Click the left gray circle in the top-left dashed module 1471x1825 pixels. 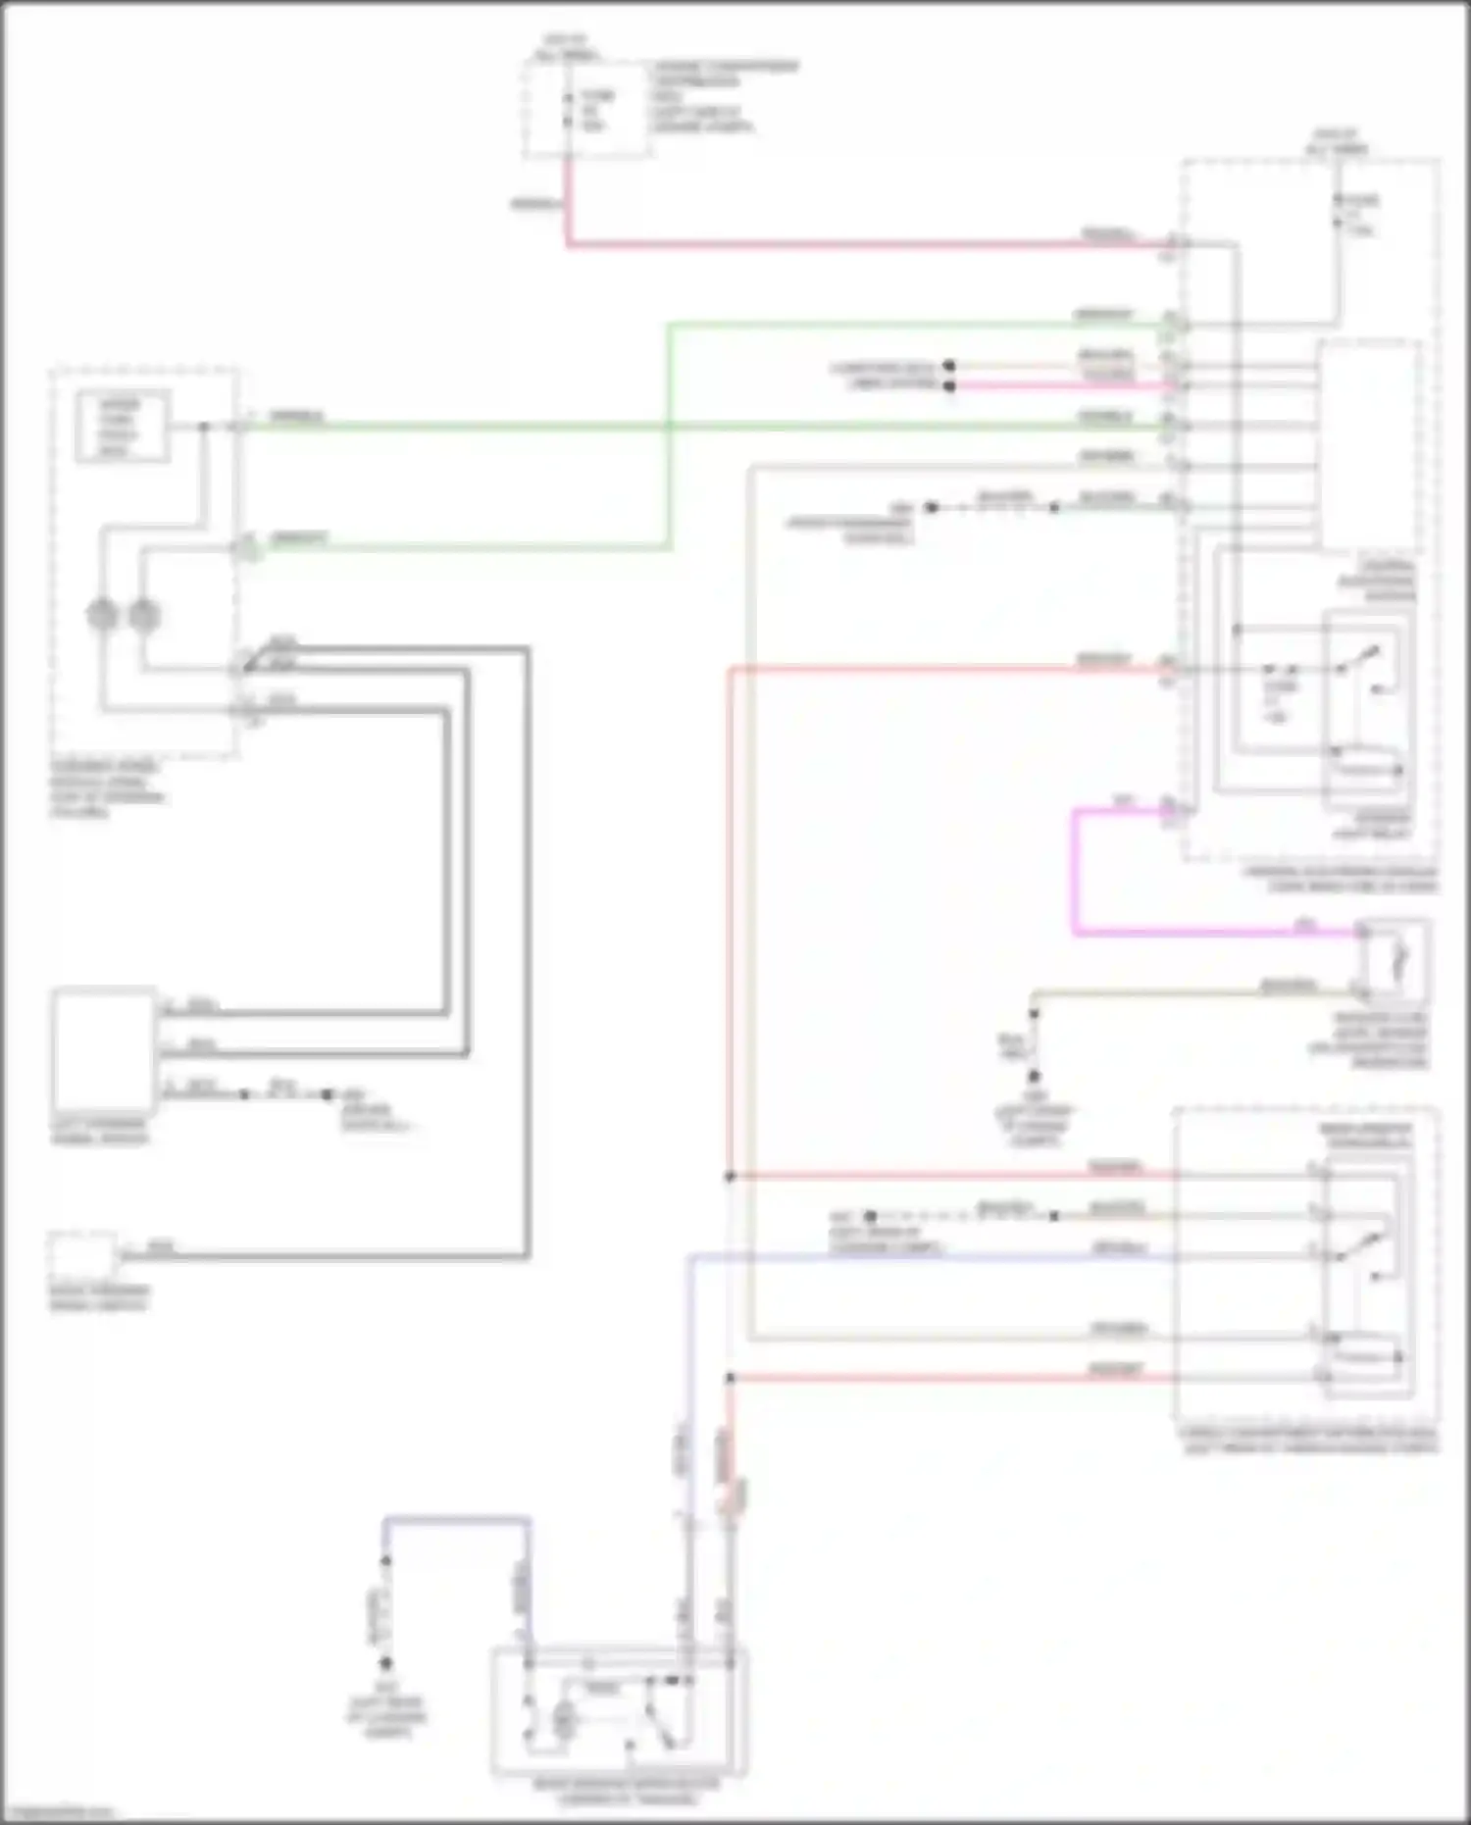(x=102, y=616)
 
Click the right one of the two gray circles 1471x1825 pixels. (x=144, y=616)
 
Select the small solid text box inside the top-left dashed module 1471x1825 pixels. (x=123, y=426)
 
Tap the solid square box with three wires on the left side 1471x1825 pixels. (x=104, y=1050)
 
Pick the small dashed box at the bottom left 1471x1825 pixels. (x=82, y=1255)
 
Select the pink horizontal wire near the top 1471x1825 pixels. (x=863, y=243)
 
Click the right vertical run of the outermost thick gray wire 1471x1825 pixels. (x=528, y=951)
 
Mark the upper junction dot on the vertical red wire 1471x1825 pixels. (x=731, y=1176)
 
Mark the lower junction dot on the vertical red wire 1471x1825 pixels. (x=731, y=1378)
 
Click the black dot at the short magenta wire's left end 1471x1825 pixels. (x=949, y=385)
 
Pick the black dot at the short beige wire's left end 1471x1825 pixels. (x=949, y=366)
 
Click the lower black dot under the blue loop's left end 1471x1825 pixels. (x=386, y=1663)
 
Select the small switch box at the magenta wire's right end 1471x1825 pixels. (x=1393, y=952)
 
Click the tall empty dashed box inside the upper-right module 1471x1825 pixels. (x=1369, y=446)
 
